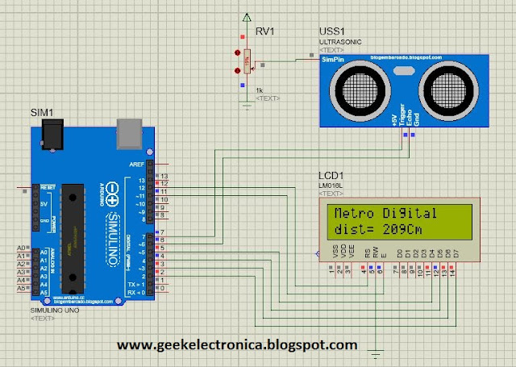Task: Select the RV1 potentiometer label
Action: point(267,33)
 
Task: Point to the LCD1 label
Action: point(331,175)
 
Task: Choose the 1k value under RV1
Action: point(260,90)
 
